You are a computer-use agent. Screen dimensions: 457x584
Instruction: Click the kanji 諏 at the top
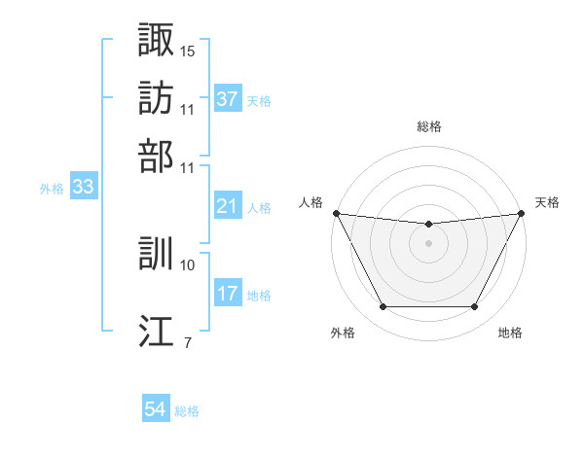point(157,40)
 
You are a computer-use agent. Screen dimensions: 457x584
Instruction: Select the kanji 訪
point(157,98)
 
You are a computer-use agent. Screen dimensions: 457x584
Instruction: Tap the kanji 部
point(157,156)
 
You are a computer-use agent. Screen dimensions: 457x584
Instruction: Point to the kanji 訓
point(157,254)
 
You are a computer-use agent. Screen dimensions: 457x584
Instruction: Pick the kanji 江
point(157,331)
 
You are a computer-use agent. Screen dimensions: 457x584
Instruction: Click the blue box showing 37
point(227,100)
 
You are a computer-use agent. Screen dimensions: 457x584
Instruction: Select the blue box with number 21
point(227,207)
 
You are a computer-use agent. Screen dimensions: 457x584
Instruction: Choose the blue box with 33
point(83,188)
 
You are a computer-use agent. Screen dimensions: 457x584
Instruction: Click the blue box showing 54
point(156,410)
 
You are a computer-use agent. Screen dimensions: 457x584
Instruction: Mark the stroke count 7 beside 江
point(187,342)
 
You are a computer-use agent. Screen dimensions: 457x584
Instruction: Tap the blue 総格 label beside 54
point(187,411)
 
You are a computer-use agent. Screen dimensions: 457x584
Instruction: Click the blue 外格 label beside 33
point(52,189)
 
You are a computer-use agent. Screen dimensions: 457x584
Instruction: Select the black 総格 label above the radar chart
point(428,126)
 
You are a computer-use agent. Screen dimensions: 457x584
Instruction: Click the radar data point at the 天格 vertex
point(522,213)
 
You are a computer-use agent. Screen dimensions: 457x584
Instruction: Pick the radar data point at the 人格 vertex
point(336,213)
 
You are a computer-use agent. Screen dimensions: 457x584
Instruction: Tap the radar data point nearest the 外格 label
point(383,307)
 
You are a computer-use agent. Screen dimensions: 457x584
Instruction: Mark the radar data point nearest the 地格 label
point(474,307)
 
